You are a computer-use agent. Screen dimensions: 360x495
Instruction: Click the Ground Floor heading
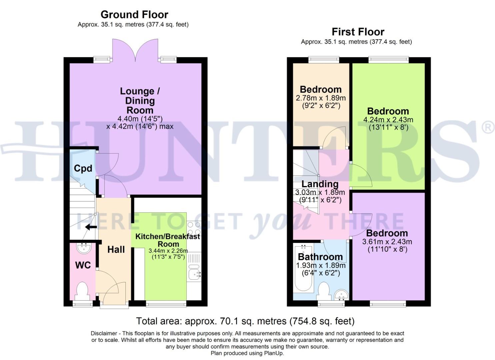coord(134,15)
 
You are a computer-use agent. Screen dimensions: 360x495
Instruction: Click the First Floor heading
coord(358,32)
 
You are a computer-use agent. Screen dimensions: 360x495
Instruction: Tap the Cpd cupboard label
coord(83,168)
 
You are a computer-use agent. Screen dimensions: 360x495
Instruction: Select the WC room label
coord(83,265)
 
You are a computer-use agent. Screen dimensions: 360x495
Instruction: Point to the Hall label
coord(116,249)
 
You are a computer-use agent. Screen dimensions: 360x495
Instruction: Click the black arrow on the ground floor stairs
coord(91,227)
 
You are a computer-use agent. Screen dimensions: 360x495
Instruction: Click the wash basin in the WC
coord(83,248)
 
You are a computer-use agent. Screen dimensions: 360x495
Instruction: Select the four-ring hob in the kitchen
coord(194,229)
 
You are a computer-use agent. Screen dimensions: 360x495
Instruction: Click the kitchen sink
coord(194,274)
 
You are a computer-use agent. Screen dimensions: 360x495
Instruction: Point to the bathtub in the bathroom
coord(303,267)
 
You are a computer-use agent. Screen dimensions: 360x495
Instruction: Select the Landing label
coord(320,184)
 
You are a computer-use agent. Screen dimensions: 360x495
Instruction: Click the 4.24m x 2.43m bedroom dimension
coord(388,120)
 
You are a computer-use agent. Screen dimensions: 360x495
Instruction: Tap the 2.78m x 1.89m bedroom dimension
coord(321,98)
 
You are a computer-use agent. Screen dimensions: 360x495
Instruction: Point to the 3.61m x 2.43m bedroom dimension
coord(387,242)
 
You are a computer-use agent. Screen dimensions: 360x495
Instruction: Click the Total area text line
coord(245,321)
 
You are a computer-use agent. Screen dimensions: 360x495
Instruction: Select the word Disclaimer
coord(104,333)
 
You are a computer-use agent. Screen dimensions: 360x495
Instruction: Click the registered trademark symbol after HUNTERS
coord(488,128)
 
